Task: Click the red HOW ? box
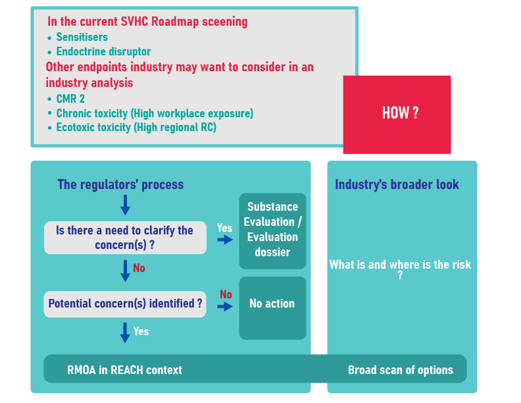pos(397,115)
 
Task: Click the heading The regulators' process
pos(120,184)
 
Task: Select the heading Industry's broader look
pos(397,184)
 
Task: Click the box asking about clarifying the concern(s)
pos(125,238)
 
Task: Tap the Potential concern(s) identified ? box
pos(125,304)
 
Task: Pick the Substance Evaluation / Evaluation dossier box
pos(272,231)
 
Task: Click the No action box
pos(272,308)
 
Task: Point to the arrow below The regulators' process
pos(125,205)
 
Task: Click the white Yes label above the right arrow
pos(224,228)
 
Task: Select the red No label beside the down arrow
pos(139,268)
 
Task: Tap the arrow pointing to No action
pos(225,306)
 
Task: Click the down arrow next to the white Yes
pos(125,333)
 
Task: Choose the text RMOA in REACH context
pos(124,370)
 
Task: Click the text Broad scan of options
pos(401,370)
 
